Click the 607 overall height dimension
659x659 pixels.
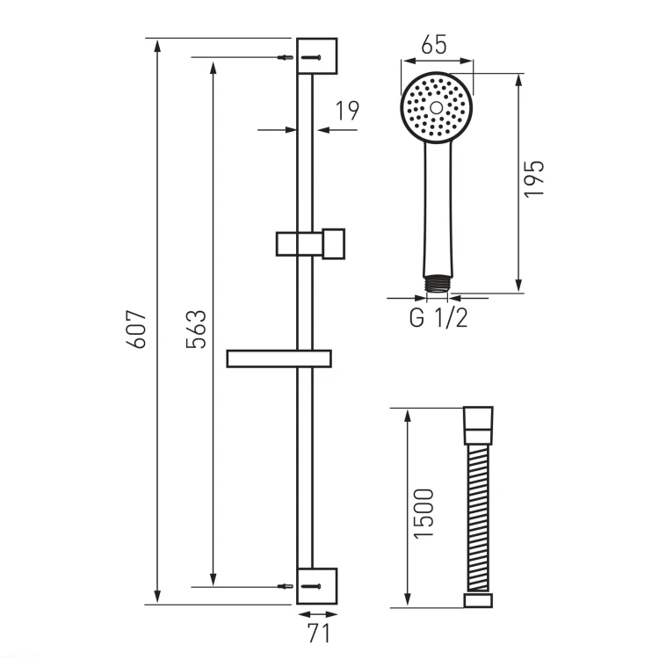tap(136, 329)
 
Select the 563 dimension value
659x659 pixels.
tap(196, 329)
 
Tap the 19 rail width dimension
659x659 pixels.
tap(347, 111)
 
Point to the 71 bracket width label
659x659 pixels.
tap(319, 633)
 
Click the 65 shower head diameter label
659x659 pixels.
tap(434, 45)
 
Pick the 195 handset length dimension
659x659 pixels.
tap(533, 178)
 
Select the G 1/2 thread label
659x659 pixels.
tap(438, 318)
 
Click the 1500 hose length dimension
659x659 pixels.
tap(424, 513)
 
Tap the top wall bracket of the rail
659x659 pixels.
tap(317, 56)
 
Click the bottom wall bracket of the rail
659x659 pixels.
tap(317, 586)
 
